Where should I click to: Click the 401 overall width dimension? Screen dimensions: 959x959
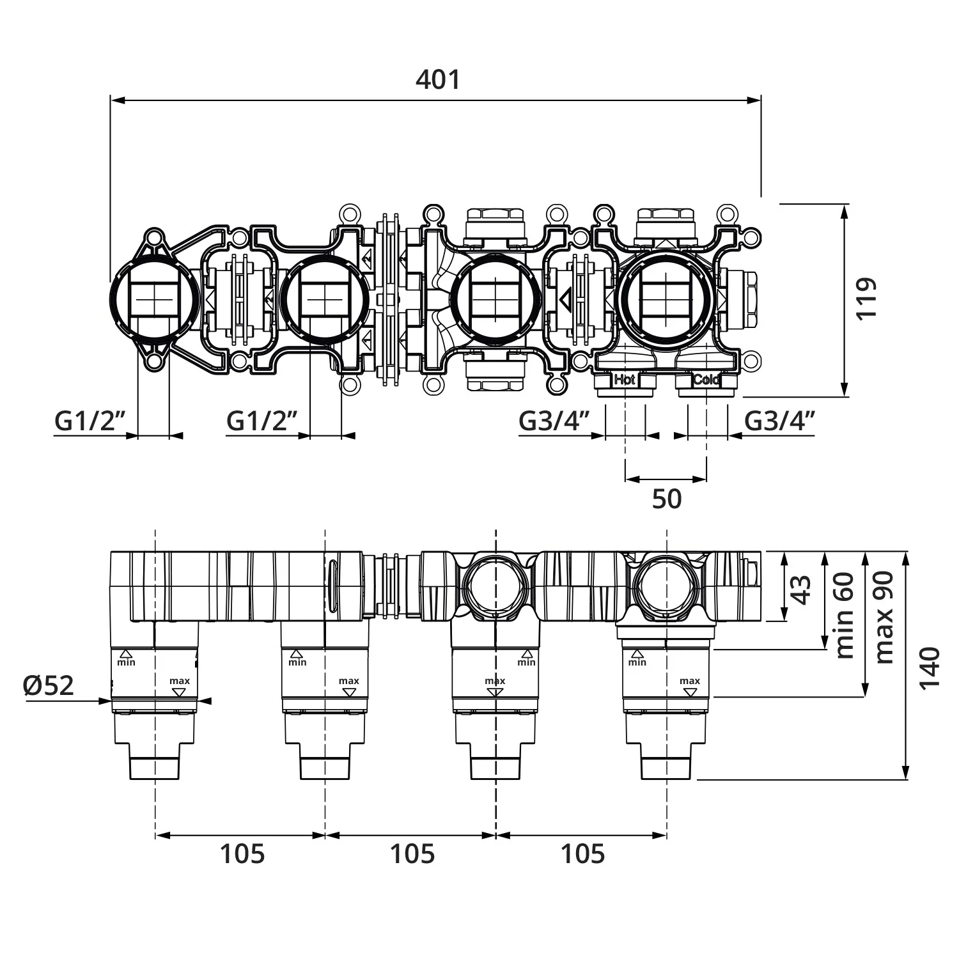[438, 80]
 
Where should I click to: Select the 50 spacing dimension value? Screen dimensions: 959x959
[667, 499]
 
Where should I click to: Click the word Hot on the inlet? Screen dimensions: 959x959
[625, 379]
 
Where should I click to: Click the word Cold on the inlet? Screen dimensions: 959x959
[706, 379]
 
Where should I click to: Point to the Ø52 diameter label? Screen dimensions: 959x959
[49, 686]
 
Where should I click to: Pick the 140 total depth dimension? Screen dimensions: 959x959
[930, 667]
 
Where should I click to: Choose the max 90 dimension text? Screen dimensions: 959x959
[884, 618]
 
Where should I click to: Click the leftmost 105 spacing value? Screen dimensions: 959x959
[242, 854]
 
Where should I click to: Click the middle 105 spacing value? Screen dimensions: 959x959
[412, 854]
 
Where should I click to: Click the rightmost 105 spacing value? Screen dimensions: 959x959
[582, 854]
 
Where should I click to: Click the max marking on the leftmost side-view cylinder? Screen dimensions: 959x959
[180, 681]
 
